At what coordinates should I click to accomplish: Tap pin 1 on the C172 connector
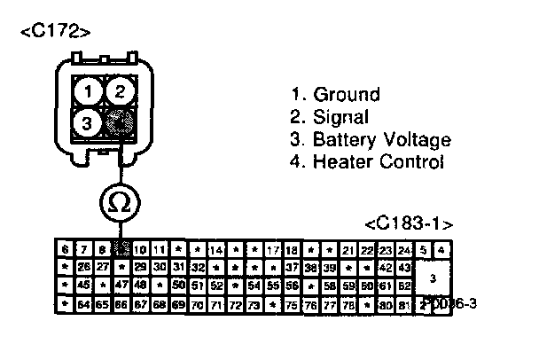[x=87, y=90]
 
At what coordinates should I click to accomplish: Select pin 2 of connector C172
[x=121, y=90]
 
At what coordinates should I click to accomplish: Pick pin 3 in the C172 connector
[x=87, y=123]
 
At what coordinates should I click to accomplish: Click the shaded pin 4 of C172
[x=121, y=123]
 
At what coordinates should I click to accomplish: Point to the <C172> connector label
[x=54, y=33]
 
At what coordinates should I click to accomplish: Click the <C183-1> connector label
[x=409, y=223]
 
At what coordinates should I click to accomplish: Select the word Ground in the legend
[x=347, y=94]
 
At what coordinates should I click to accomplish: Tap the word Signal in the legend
[x=341, y=117]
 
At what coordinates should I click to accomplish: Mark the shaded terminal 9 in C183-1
[x=121, y=250]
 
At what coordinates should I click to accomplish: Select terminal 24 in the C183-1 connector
[x=405, y=250]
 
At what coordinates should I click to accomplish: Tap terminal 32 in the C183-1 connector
[x=198, y=267]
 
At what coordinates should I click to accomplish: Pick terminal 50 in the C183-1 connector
[x=179, y=286]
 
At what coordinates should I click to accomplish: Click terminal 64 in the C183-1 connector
[x=83, y=304]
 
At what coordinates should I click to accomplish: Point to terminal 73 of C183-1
[x=254, y=304]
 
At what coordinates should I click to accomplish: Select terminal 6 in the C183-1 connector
[x=65, y=250]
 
